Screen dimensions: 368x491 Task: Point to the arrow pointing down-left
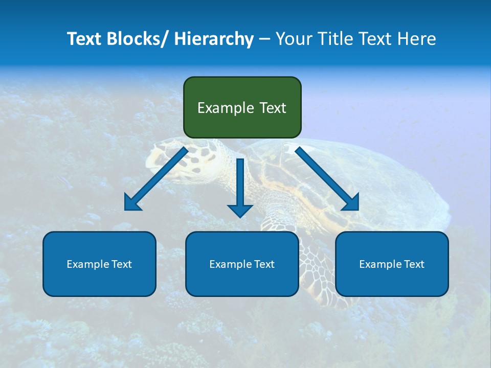point(157,179)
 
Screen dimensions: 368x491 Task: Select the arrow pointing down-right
point(327,178)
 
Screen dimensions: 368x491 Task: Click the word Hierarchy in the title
point(214,39)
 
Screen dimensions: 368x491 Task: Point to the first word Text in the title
point(85,39)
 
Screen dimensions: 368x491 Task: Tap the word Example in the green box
point(226,108)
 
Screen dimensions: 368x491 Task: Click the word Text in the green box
point(273,108)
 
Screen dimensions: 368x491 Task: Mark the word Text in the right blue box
point(413,264)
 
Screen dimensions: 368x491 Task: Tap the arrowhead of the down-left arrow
point(132,203)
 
